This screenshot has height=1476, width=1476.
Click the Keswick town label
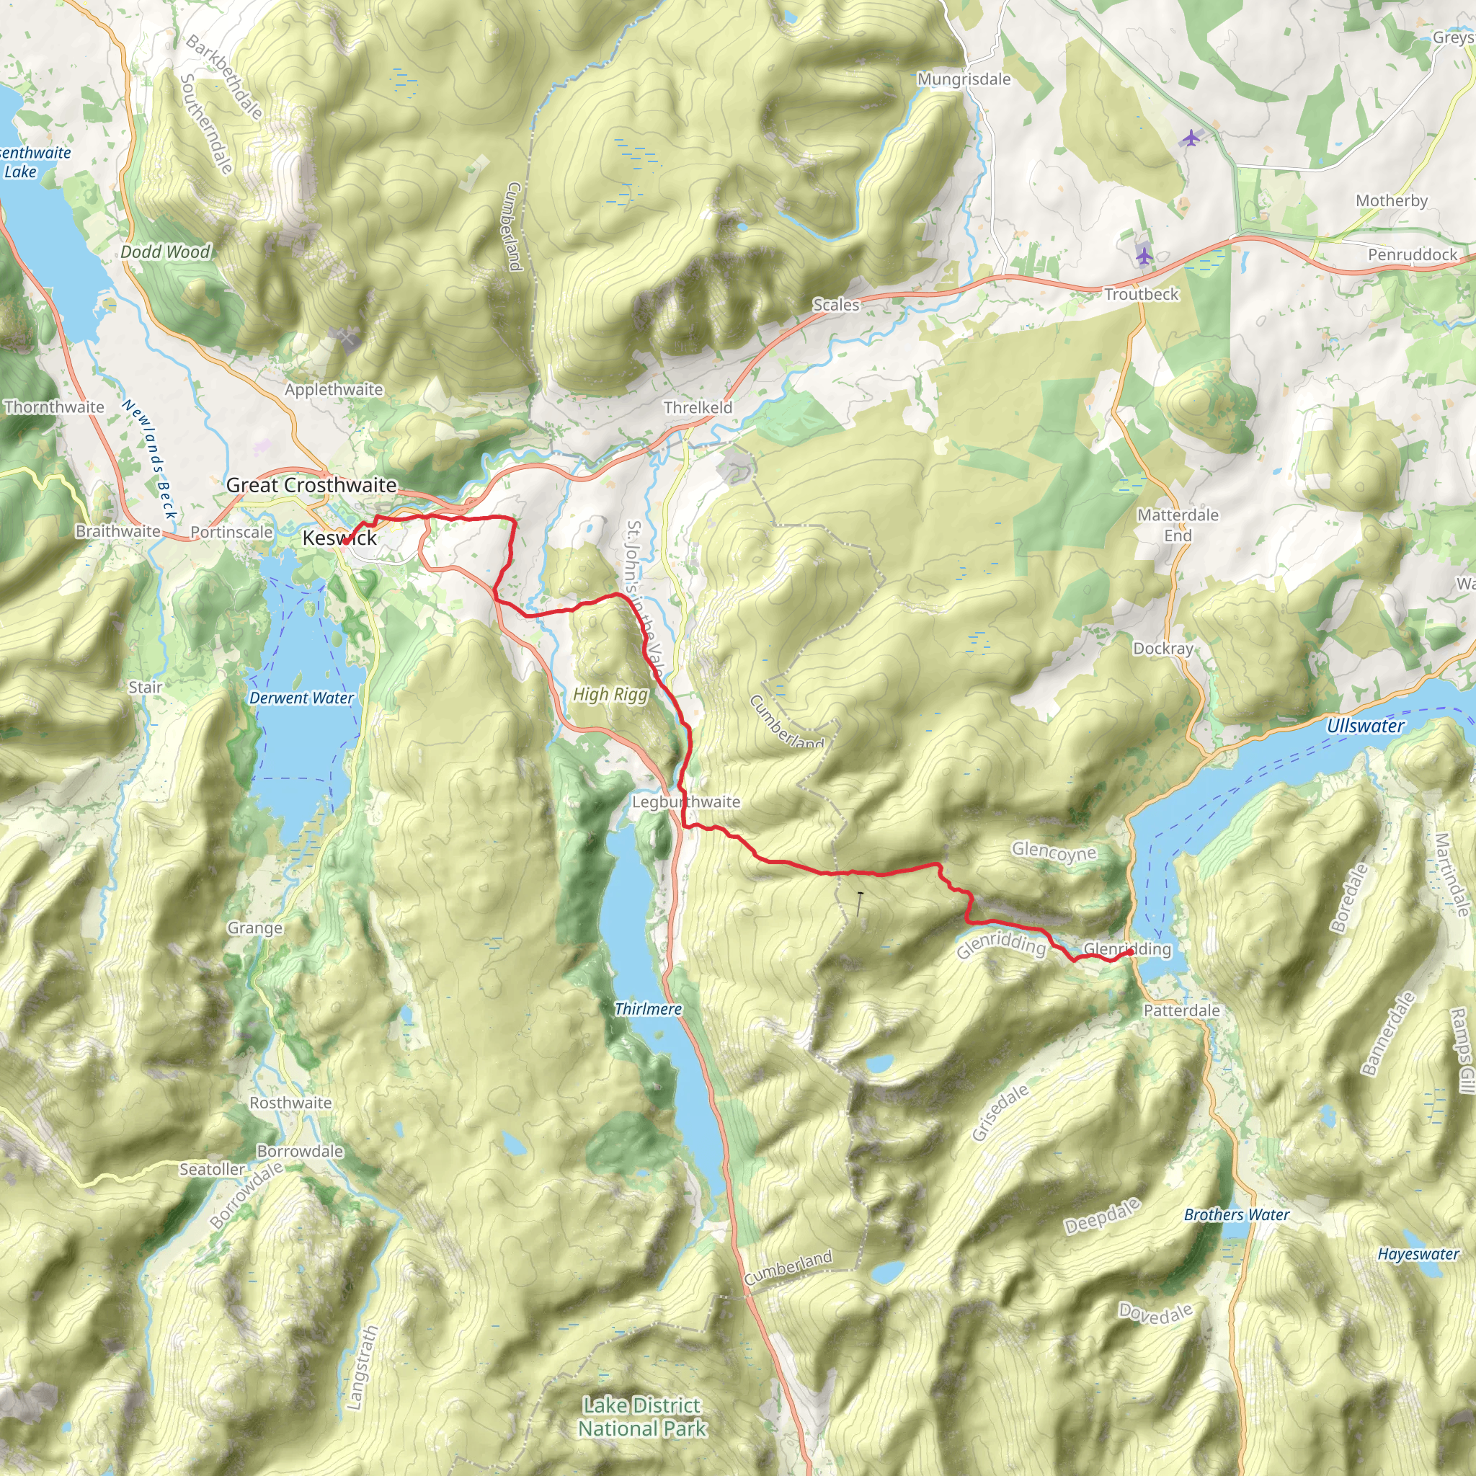[339, 538]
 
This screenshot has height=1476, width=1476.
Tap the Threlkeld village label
[698, 407]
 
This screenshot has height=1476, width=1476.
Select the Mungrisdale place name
[964, 79]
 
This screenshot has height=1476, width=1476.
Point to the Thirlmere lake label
[648, 1009]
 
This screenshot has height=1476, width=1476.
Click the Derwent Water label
[301, 698]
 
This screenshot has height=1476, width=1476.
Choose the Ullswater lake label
[1365, 726]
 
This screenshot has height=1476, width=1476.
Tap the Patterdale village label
[1181, 1010]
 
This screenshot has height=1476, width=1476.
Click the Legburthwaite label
[685, 801]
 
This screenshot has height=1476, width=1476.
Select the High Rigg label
[610, 694]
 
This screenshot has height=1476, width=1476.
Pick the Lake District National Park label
[641, 1416]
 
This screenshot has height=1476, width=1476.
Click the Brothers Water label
[1236, 1214]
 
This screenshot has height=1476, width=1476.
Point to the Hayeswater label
[1418, 1254]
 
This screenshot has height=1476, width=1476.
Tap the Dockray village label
[1162, 648]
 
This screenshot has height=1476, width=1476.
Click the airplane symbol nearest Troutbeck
[1143, 255]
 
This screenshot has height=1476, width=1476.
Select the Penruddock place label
[1412, 254]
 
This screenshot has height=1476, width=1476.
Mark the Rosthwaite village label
[290, 1103]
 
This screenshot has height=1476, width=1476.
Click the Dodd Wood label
[165, 252]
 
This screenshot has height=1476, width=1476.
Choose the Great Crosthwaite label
[311, 484]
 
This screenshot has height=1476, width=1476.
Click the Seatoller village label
[212, 1169]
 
